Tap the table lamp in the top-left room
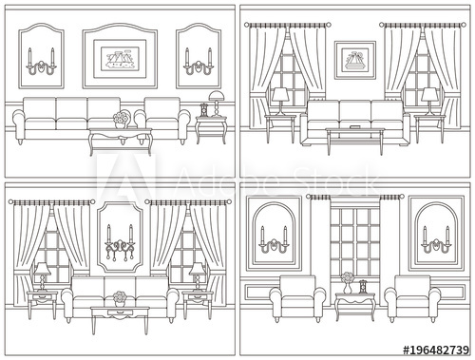tap(215, 99)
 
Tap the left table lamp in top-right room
tap(280, 97)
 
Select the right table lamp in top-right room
tap(429, 97)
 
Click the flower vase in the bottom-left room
tap(119, 297)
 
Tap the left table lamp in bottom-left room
tap(43, 275)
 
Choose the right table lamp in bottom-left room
tap(196, 275)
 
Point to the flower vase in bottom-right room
tap(347, 281)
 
